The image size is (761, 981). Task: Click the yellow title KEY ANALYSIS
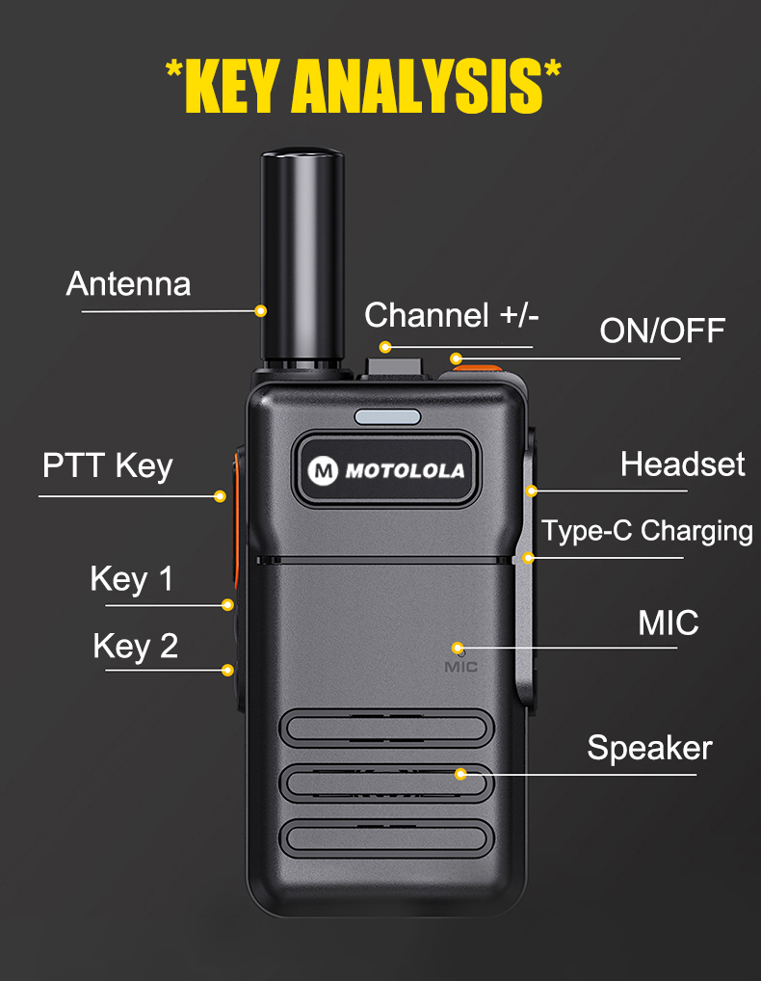pos(363,86)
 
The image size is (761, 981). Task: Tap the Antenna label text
pos(128,284)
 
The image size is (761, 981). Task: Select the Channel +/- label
pos(452,315)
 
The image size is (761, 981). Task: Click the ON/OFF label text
pos(662,331)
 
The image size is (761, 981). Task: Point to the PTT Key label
pos(108,466)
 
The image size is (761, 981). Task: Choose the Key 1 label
pos(131,579)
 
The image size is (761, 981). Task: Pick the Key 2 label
pos(136,647)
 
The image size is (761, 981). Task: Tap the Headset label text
pos(683,464)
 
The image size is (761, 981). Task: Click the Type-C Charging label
pos(647,531)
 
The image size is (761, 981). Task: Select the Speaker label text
pos(649,748)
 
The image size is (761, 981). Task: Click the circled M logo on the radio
pos(323,470)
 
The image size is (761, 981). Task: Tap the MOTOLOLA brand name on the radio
pos(405,471)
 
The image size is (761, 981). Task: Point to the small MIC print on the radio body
pos(460,667)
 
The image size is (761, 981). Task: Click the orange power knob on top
pos(478,369)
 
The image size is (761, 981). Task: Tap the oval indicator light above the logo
pos(387,416)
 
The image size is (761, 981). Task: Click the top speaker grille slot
pos(387,729)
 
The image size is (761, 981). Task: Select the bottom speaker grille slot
pos(387,838)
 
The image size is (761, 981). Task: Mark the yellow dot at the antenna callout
pos(261,311)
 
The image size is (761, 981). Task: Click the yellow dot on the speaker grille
pos(460,775)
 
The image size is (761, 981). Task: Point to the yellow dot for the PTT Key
pos(220,496)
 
